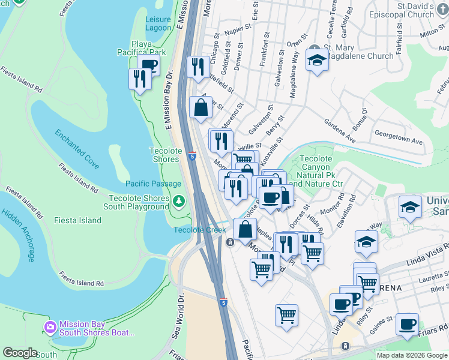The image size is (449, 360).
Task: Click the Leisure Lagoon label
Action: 158,23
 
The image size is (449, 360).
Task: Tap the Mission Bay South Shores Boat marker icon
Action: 50,328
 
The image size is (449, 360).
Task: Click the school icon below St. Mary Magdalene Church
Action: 317,59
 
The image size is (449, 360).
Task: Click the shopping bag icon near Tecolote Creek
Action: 245,229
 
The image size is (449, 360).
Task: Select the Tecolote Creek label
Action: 200,230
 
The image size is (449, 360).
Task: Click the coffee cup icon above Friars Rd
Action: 408,324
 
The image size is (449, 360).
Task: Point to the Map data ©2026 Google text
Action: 411,355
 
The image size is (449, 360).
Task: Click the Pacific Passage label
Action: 153,184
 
